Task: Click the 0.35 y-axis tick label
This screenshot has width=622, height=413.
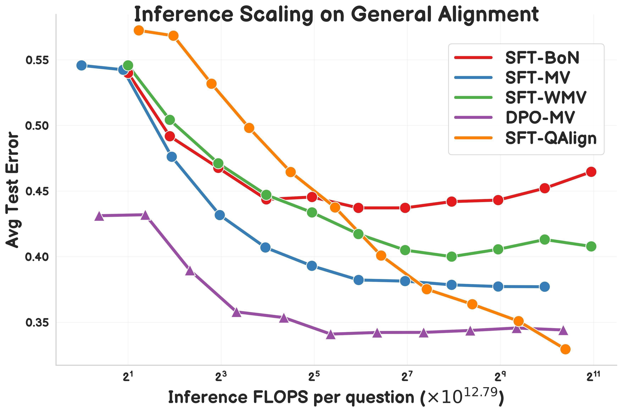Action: click(37, 322)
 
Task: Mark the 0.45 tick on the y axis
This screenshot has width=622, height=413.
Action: click(37, 191)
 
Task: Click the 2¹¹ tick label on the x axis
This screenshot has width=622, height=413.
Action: click(593, 377)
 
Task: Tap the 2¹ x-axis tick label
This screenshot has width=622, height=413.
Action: click(128, 377)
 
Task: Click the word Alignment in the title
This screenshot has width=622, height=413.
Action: click(488, 15)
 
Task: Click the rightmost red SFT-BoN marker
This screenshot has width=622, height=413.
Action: click(591, 172)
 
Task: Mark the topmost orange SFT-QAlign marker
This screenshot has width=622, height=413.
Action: click(139, 30)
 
